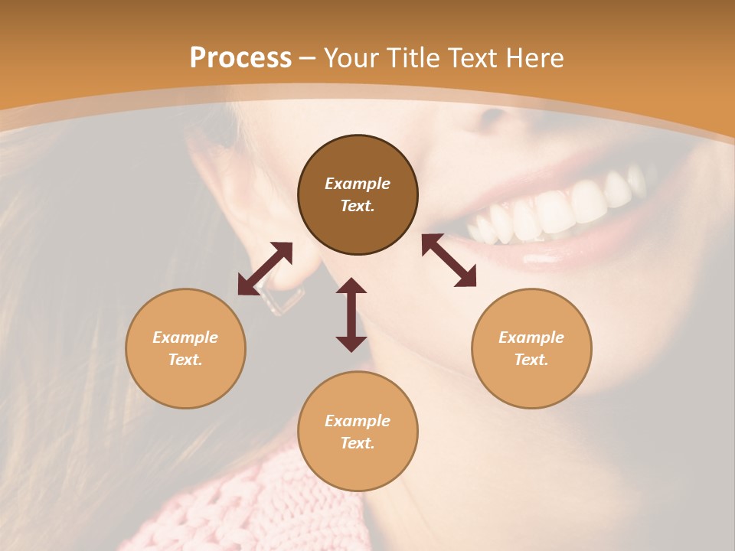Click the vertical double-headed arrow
pyautogui.click(x=351, y=315)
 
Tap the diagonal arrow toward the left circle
pyautogui.click(x=265, y=269)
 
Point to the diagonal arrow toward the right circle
pyautogui.click(x=449, y=260)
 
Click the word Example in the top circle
pyautogui.click(x=358, y=184)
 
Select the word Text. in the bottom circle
pyautogui.click(x=358, y=443)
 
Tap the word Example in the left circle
pyautogui.click(x=185, y=337)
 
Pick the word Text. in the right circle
pyautogui.click(x=531, y=360)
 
